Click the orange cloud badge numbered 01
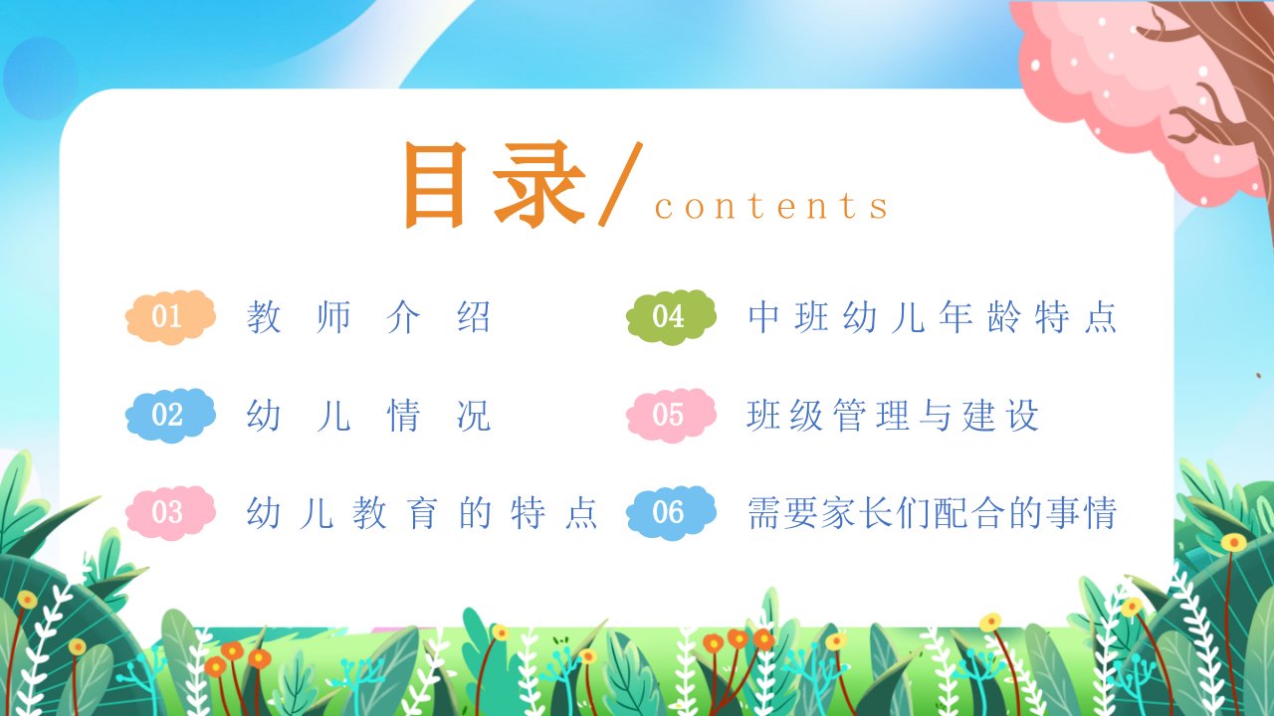pos(170,317)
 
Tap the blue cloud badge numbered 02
pos(170,416)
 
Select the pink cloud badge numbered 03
pos(170,513)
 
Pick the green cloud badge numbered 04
pos(671,317)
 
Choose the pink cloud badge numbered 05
pos(671,416)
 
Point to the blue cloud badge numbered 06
pos(671,513)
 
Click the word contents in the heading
pos(771,206)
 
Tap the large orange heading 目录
pos(495,185)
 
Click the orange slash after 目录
pos(620,184)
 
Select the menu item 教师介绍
pos(368,316)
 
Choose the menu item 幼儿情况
pos(368,416)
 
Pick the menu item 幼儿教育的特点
pos(421,513)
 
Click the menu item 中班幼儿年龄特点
pos(933,316)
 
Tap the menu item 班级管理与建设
pos(893,416)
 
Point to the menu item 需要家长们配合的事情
pos(933,513)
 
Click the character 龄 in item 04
pos(1004,316)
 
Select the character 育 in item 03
pos(421,513)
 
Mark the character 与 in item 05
pos(936,416)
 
